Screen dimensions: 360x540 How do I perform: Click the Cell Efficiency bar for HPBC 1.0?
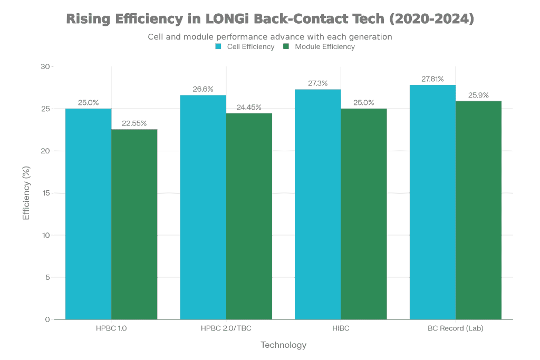88,213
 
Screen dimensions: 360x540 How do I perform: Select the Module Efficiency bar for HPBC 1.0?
134,224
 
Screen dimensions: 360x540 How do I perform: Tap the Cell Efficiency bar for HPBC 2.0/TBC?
203,207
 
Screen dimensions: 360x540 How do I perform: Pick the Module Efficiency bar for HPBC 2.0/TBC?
249,216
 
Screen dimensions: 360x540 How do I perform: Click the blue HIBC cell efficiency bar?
317,204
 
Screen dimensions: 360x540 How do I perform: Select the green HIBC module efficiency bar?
363,213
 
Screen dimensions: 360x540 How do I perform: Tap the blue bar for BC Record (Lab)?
432,202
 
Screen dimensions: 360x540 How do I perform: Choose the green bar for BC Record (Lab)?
478,210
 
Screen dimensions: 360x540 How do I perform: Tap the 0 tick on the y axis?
47,319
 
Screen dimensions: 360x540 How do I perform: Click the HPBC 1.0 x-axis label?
111,329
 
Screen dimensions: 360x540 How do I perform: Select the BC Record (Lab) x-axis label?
455,329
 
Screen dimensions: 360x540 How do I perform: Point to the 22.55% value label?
134,123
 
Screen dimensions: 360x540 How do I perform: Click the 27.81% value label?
432,79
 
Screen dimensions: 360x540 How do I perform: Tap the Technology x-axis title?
283,345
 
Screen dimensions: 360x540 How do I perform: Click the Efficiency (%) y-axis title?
26,193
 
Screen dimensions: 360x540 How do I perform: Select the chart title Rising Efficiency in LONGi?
269,20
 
